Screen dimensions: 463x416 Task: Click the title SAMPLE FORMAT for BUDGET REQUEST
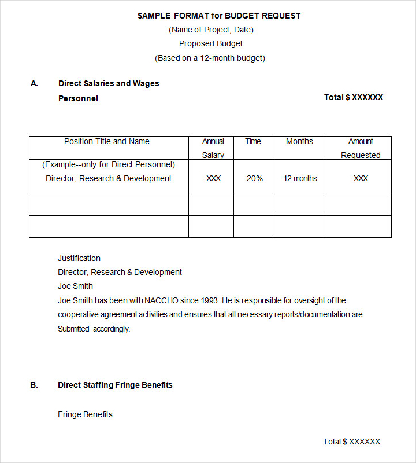[x=219, y=16]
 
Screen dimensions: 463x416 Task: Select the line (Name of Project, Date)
[x=211, y=30]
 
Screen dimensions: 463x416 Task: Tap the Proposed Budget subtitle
[x=211, y=43]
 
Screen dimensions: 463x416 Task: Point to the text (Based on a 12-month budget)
[x=210, y=58]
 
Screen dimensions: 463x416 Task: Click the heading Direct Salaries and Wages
[x=109, y=83]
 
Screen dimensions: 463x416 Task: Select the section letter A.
[x=34, y=83]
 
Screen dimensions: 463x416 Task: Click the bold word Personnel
[x=78, y=98]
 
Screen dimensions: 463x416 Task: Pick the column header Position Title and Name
[x=107, y=141]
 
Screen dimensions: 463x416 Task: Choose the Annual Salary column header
[x=213, y=148]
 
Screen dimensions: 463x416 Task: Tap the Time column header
[x=253, y=141]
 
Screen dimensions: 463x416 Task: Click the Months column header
[x=299, y=141]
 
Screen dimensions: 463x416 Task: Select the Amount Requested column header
[x=361, y=148]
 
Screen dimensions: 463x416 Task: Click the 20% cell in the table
[x=255, y=178]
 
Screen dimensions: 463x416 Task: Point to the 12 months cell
[x=300, y=178]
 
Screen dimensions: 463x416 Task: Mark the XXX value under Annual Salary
[x=213, y=178]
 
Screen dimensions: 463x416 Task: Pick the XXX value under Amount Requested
[x=361, y=178]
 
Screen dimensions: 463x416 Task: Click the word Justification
[x=79, y=258]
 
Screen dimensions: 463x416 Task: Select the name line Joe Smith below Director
[x=75, y=286]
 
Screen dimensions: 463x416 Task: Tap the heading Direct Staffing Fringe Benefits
[x=115, y=385]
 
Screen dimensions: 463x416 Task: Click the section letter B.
[x=34, y=385]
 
